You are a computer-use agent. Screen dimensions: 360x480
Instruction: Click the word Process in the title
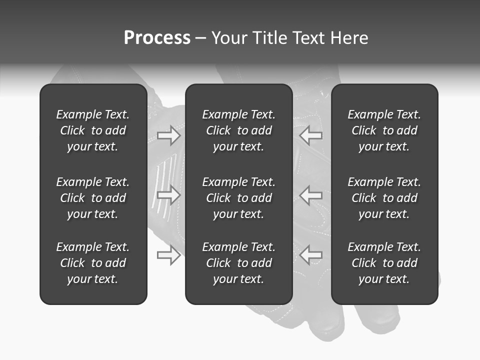(157, 38)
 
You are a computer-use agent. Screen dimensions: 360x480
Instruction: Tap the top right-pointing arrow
(169, 135)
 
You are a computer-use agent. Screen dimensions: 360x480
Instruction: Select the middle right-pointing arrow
(169, 195)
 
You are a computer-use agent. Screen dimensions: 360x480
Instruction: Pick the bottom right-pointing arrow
(169, 255)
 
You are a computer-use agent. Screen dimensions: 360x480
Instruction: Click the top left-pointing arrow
(310, 135)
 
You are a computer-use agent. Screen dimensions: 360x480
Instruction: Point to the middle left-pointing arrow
(310, 195)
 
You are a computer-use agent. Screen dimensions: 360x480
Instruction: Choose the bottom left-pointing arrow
(310, 255)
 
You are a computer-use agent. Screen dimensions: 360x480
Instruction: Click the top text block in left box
(93, 130)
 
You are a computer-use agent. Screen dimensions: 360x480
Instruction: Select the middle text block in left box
(93, 198)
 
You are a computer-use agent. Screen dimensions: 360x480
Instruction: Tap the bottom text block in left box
(93, 263)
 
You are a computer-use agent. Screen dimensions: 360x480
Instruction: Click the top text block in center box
(238, 130)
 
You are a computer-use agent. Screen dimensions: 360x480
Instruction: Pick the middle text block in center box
(238, 198)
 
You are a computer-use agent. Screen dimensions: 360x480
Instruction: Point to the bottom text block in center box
(238, 263)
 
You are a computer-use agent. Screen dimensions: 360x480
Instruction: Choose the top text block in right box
(384, 130)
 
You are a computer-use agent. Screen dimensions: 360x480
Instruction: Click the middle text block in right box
(384, 198)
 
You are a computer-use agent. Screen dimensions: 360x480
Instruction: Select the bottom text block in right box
(384, 263)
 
